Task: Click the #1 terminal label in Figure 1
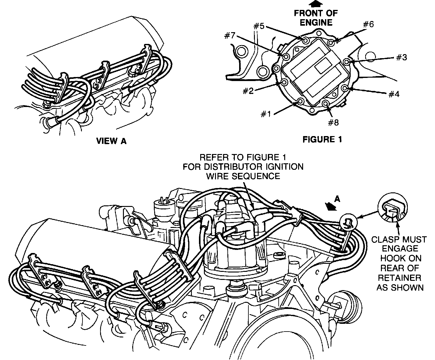click(x=266, y=114)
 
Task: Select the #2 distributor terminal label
click(x=248, y=91)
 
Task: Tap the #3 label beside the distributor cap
click(x=401, y=57)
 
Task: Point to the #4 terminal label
click(x=394, y=94)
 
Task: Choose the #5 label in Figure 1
click(x=259, y=26)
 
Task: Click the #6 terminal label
click(x=368, y=24)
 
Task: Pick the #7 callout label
click(x=230, y=36)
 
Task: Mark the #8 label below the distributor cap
click(x=333, y=122)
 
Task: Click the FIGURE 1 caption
click(x=322, y=139)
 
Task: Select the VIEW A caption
click(x=111, y=141)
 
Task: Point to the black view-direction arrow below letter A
click(x=330, y=207)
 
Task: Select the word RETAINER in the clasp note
click(x=399, y=278)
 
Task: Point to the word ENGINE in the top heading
click(x=316, y=22)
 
